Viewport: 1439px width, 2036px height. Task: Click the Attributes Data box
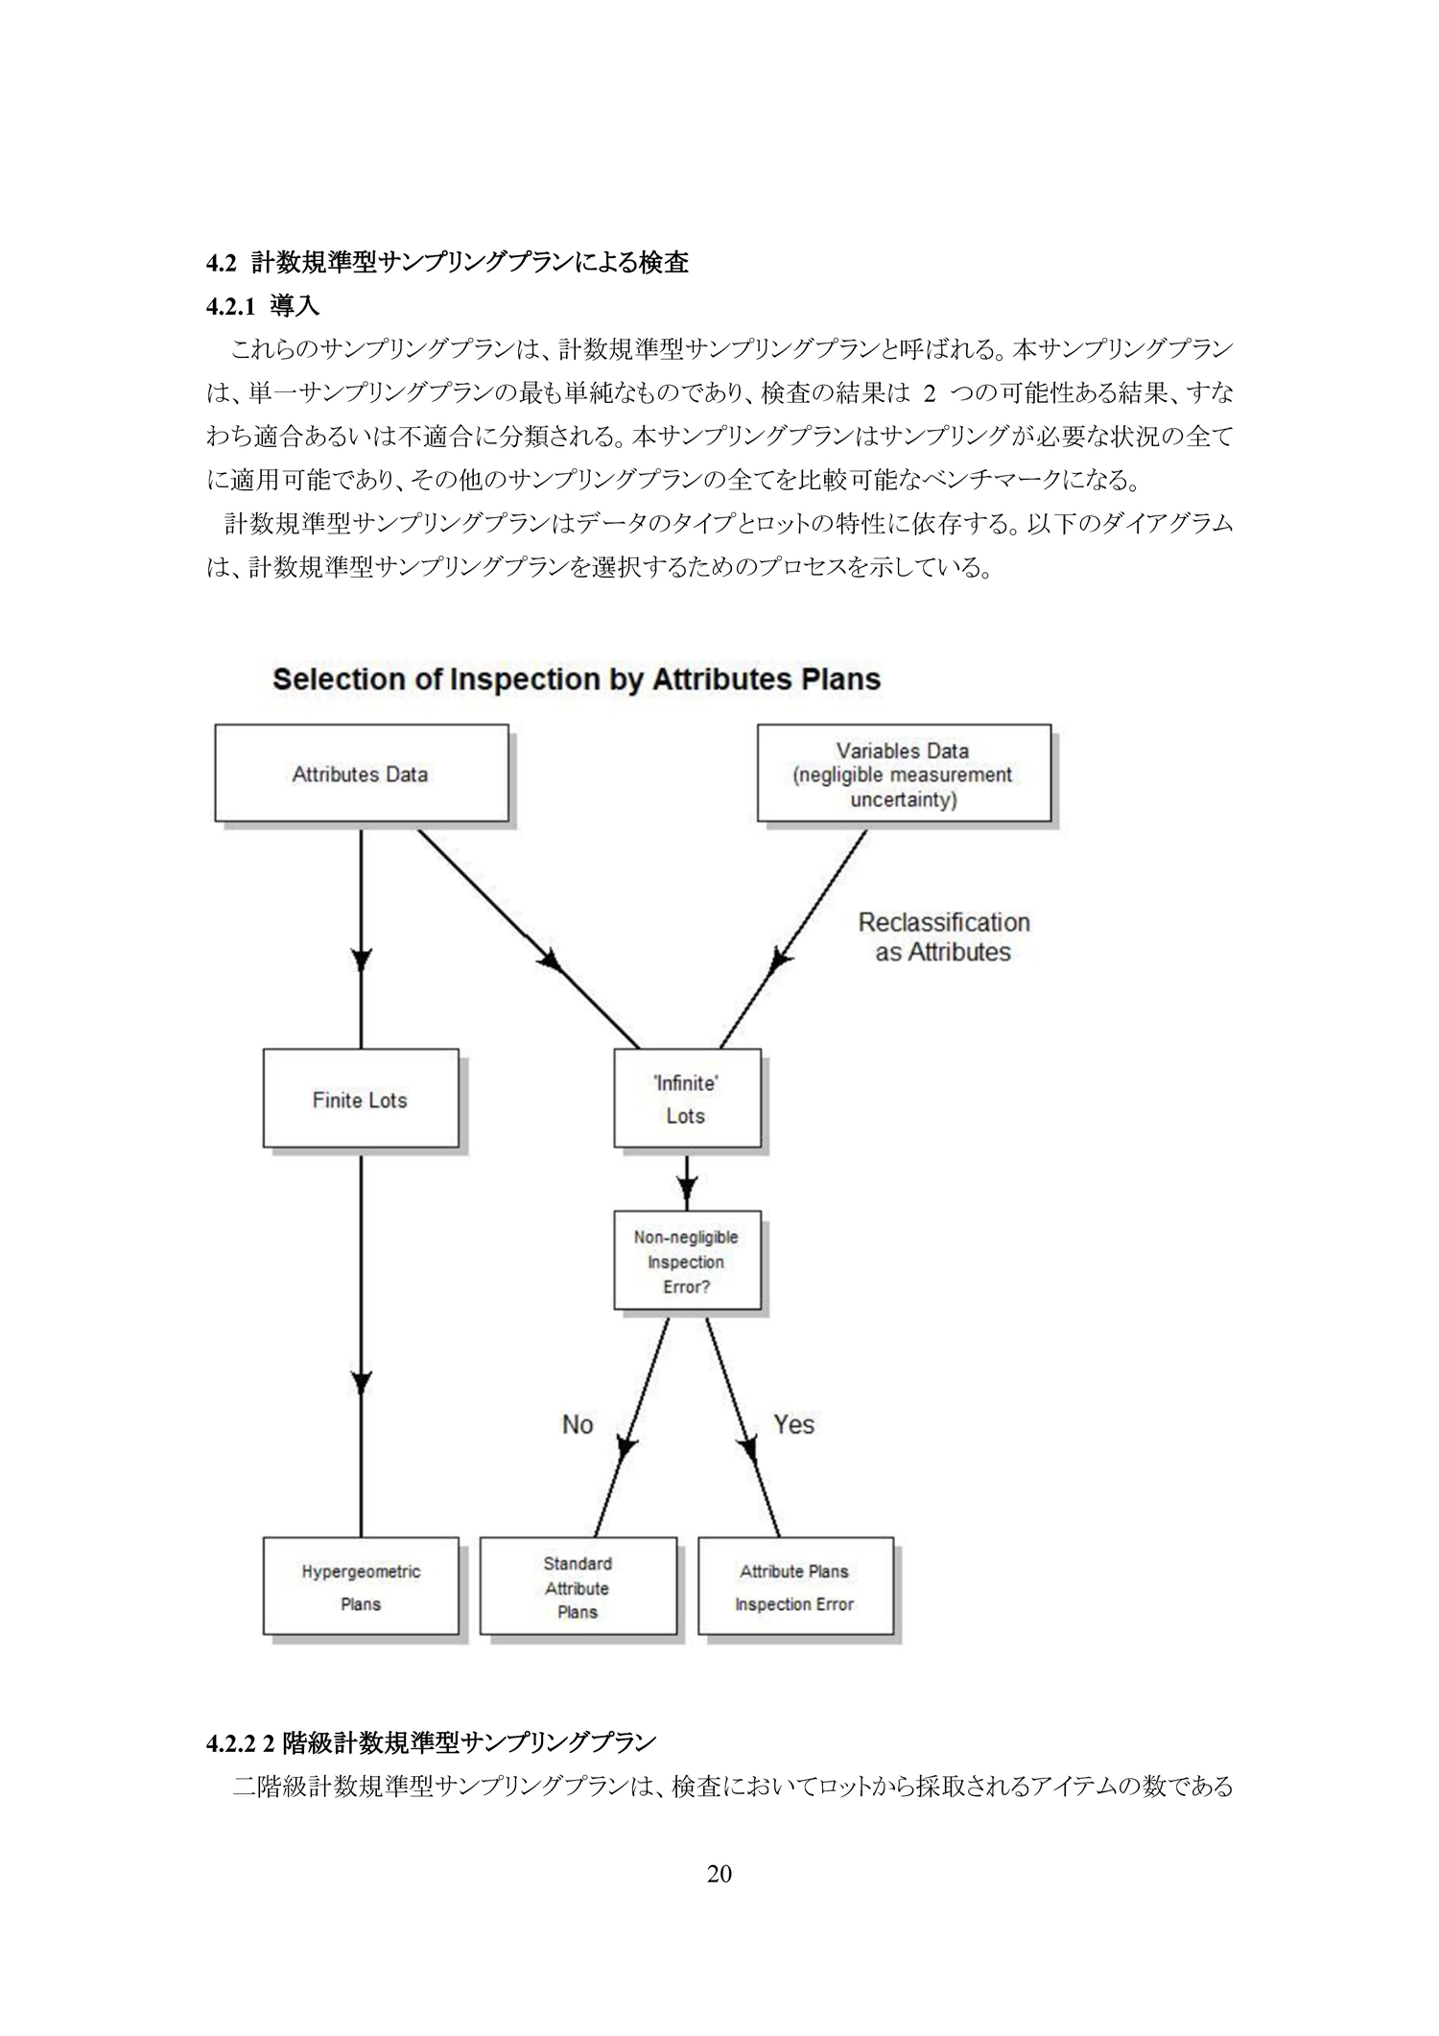point(362,772)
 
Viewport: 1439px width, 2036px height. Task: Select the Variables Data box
point(904,772)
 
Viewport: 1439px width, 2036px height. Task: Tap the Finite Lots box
point(361,1098)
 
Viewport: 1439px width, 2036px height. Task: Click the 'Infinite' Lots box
point(687,1098)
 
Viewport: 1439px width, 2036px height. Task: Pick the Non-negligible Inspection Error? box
point(687,1261)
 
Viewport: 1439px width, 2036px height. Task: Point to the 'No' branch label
point(578,1425)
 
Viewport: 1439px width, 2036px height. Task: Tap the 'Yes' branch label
point(794,1425)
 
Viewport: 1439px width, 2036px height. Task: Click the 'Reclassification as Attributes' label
point(944,937)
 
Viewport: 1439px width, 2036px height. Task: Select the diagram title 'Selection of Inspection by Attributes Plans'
point(577,679)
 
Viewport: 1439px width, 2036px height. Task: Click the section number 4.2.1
point(231,306)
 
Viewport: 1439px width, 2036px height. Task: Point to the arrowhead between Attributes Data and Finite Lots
point(361,959)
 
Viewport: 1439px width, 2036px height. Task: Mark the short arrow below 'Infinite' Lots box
point(687,1180)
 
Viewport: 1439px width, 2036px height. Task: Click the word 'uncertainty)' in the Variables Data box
point(904,799)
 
